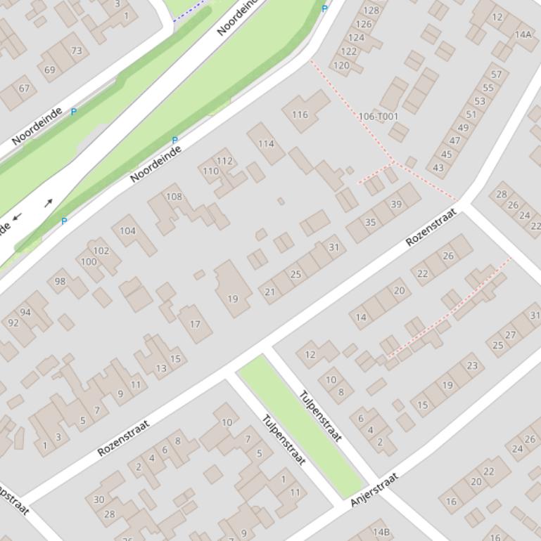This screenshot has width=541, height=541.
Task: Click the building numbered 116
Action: point(300,114)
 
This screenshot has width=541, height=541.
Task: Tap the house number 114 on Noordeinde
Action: point(266,143)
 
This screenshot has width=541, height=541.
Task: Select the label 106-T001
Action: point(378,117)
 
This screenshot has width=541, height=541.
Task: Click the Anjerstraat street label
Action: point(374,490)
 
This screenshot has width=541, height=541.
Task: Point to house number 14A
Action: point(523,34)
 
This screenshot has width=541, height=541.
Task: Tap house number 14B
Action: point(381,532)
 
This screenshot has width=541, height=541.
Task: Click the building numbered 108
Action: point(174,197)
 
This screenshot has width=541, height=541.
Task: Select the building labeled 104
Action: point(127,230)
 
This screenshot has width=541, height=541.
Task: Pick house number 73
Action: point(76,51)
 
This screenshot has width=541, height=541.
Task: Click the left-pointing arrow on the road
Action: point(17,216)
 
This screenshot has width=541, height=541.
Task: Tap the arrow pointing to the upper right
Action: point(49,203)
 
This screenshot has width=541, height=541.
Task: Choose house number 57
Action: point(497,74)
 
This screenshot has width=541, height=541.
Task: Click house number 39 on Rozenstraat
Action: point(396,204)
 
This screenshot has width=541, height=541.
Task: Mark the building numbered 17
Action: point(195,324)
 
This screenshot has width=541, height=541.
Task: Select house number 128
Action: point(371,10)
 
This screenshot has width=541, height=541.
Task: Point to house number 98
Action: point(60,281)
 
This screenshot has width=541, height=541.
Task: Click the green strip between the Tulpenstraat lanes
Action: point(303,425)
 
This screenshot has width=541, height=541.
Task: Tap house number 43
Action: point(439,167)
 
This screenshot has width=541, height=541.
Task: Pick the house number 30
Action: point(99,500)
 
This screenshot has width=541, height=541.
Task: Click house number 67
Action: point(25,88)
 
